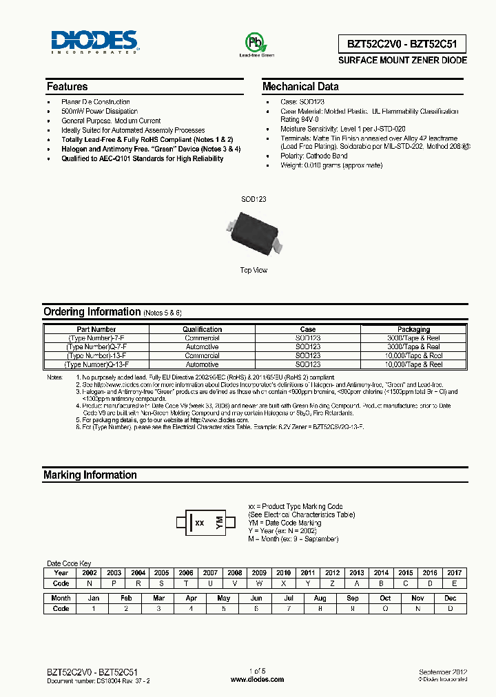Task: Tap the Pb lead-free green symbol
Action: click(x=256, y=44)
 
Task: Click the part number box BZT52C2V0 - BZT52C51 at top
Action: click(x=393, y=44)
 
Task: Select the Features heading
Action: click(x=67, y=87)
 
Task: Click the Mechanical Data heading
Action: click(x=300, y=87)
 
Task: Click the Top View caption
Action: click(x=254, y=271)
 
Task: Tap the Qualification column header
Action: click(x=202, y=329)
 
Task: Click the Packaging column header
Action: click(x=413, y=329)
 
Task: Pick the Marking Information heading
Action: click(x=90, y=475)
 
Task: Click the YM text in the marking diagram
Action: click(x=220, y=522)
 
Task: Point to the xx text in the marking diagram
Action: click(x=200, y=523)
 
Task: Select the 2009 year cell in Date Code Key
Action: click(x=259, y=572)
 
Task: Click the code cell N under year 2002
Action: click(x=90, y=583)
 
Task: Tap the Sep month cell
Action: click(x=353, y=599)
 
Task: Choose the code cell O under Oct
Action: click(x=385, y=608)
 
